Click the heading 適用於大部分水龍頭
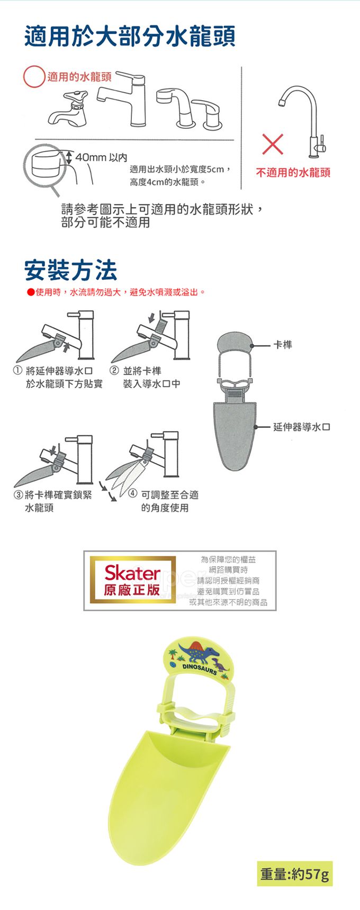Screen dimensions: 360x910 130,37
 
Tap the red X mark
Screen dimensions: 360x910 273,144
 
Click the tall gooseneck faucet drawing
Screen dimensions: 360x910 303,121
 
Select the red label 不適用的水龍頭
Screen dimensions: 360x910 293,173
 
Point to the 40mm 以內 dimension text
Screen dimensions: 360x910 101,157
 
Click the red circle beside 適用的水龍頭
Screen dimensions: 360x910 34,77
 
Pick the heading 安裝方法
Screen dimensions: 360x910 71,270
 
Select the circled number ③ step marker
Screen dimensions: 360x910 19,495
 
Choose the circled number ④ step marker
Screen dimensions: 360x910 133,495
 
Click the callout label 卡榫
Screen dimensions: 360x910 283,345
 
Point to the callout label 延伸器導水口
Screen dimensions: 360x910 302,427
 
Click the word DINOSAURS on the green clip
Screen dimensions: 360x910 200,669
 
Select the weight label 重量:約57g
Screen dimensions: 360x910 295,873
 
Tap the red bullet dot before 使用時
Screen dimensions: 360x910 31,292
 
